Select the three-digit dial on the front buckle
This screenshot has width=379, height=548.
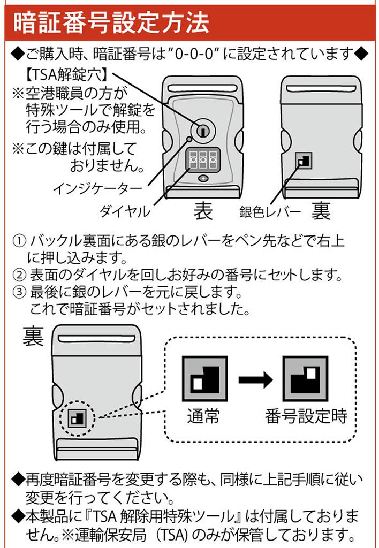click(203, 159)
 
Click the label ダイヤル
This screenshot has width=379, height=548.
click(124, 211)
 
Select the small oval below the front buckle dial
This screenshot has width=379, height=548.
click(203, 179)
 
